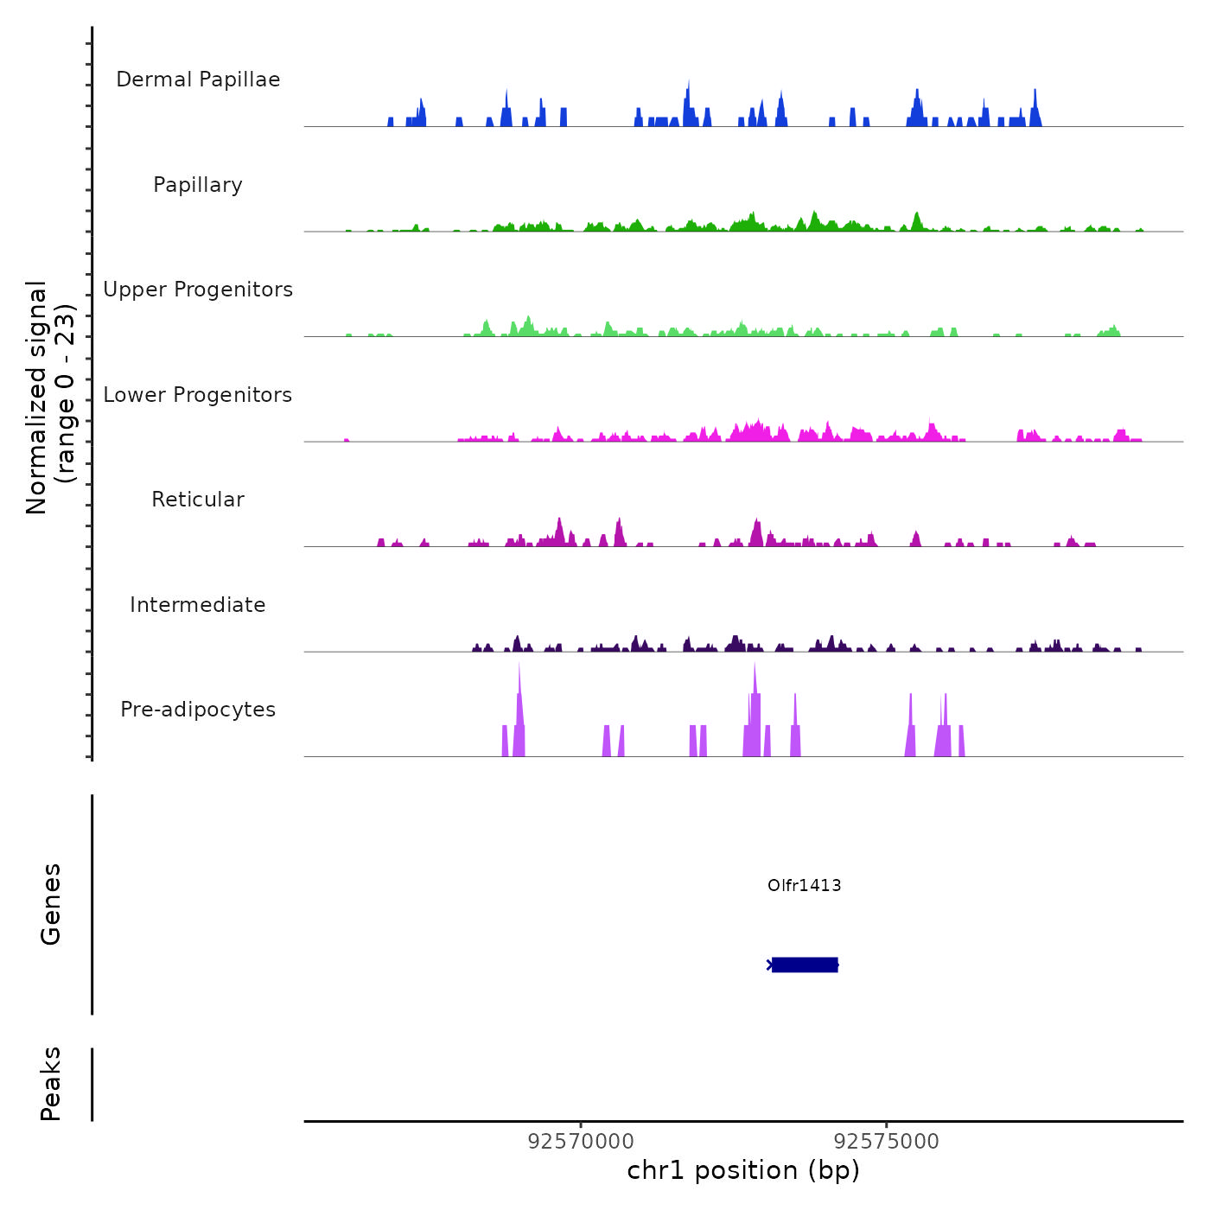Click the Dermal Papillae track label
pos(198,80)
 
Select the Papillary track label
pos(198,185)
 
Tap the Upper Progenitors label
pos(198,290)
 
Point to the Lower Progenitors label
pos(198,395)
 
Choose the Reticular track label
pos(198,500)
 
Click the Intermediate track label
pos(198,605)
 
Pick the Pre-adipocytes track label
pos(198,710)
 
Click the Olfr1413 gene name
pos(804,885)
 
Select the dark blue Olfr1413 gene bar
pos(805,965)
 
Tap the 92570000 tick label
pos(581,1142)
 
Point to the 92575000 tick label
pos(886,1142)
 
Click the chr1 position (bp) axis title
pos(743,1170)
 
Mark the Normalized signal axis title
pos(37,397)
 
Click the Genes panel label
pos(51,904)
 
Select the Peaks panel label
pos(51,1084)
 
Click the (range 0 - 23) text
pos(66,393)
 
